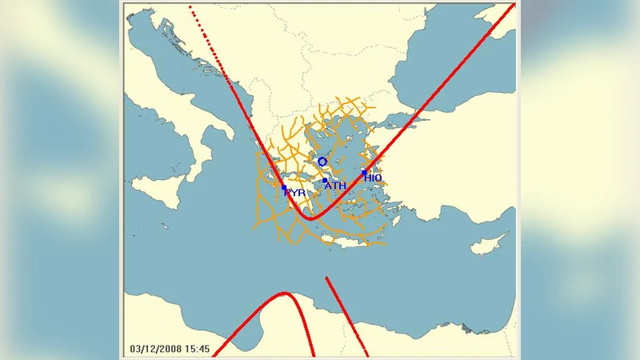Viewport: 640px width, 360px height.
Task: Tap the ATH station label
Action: [335, 186]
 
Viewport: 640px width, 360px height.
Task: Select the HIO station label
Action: [374, 178]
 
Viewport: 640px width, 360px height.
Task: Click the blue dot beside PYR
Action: [284, 188]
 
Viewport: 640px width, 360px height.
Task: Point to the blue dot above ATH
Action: [324, 180]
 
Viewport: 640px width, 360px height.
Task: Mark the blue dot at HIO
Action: [364, 172]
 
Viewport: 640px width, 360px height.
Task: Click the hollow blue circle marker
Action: [322, 162]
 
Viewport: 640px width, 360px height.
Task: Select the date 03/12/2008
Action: [157, 349]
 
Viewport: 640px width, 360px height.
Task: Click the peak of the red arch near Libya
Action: [284, 294]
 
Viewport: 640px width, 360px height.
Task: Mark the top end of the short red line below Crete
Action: [326, 278]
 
